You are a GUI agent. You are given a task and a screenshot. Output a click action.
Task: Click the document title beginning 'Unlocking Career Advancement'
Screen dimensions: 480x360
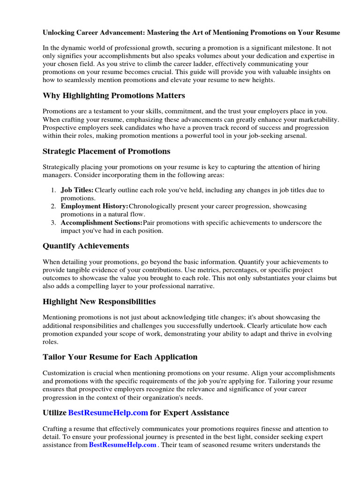point(191,33)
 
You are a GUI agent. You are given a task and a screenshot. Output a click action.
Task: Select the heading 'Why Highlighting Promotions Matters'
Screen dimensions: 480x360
point(114,96)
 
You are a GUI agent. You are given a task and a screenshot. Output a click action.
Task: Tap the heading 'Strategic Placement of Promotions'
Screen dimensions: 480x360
point(106,151)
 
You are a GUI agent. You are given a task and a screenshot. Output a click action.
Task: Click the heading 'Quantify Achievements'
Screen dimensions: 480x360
point(86,246)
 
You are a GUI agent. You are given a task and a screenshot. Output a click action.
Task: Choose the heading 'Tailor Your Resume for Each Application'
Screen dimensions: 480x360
point(120,357)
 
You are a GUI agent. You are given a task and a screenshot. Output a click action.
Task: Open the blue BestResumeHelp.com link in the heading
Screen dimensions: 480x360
point(108,413)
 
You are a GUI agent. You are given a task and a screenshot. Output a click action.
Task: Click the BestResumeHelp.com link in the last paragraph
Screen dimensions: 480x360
point(122,445)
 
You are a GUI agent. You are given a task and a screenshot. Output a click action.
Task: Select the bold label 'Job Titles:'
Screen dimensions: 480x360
point(77,190)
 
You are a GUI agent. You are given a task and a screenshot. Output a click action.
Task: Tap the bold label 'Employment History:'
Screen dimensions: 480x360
point(94,206)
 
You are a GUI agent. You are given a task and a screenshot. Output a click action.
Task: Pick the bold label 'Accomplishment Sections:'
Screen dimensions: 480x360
point(102,223)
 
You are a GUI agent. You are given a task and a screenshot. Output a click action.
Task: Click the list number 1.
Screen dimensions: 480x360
point(53,190)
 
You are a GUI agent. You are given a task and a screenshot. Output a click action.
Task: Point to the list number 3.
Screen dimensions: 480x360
point(53,223)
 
